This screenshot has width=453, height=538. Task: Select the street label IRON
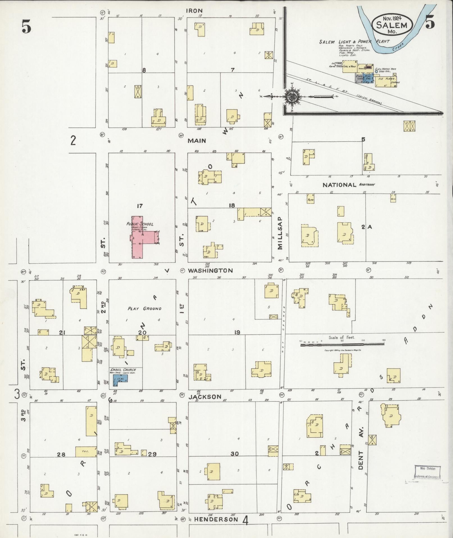pos(194,11)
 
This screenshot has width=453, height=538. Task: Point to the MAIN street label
pos(197,141)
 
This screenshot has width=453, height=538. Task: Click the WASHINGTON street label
pos(210,271)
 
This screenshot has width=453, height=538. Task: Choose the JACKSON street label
pos(205,397)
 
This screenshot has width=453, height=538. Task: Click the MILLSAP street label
pos(280,233)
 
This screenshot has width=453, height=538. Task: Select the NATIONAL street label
pos(339,185)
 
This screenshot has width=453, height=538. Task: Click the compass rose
pos(292,97)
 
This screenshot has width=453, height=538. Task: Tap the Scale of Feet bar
pos(342,344)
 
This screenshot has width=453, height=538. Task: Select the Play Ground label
pos(145,308)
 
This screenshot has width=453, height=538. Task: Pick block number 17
pos(140,206)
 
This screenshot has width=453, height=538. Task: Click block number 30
pos(235,454)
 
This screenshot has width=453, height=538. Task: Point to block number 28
pos(61,454)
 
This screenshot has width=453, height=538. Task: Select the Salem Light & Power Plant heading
pos(354,42)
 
